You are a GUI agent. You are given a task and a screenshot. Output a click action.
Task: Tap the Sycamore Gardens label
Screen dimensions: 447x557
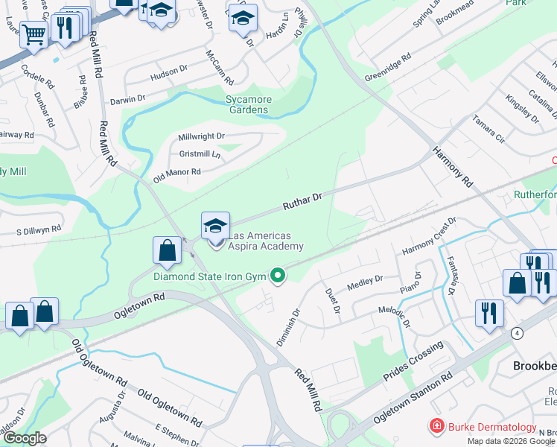pyautogui.click(x=248, y=105)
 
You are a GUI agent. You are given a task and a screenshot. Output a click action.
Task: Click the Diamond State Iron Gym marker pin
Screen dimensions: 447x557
pyautogui.click(x=278, y=276)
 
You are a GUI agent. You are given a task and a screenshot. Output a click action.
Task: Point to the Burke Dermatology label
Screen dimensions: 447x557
pyautogui.click(x=491, y=427)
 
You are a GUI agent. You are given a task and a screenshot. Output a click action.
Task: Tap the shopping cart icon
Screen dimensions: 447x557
pyautogui.click(x=33, y=34)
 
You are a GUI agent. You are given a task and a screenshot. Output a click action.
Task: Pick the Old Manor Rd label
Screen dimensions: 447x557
pyautogui.click(x=176, y=175)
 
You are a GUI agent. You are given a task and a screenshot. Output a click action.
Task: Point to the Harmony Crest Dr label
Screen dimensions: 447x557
pyautogui.click(x=428, y=238)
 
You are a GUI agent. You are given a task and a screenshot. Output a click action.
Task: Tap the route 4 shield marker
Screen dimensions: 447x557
pyautogui.click(x=517, y=332)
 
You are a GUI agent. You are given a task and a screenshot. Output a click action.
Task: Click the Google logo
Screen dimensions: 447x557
pyautogui.click(x=25, y=438)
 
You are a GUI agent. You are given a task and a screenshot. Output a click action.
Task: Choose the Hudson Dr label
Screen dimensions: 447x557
pyautogui.click(x=168, y=72)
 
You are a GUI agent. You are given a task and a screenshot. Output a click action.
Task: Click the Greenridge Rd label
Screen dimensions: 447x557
pyautogui.click(x=387, y=68)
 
